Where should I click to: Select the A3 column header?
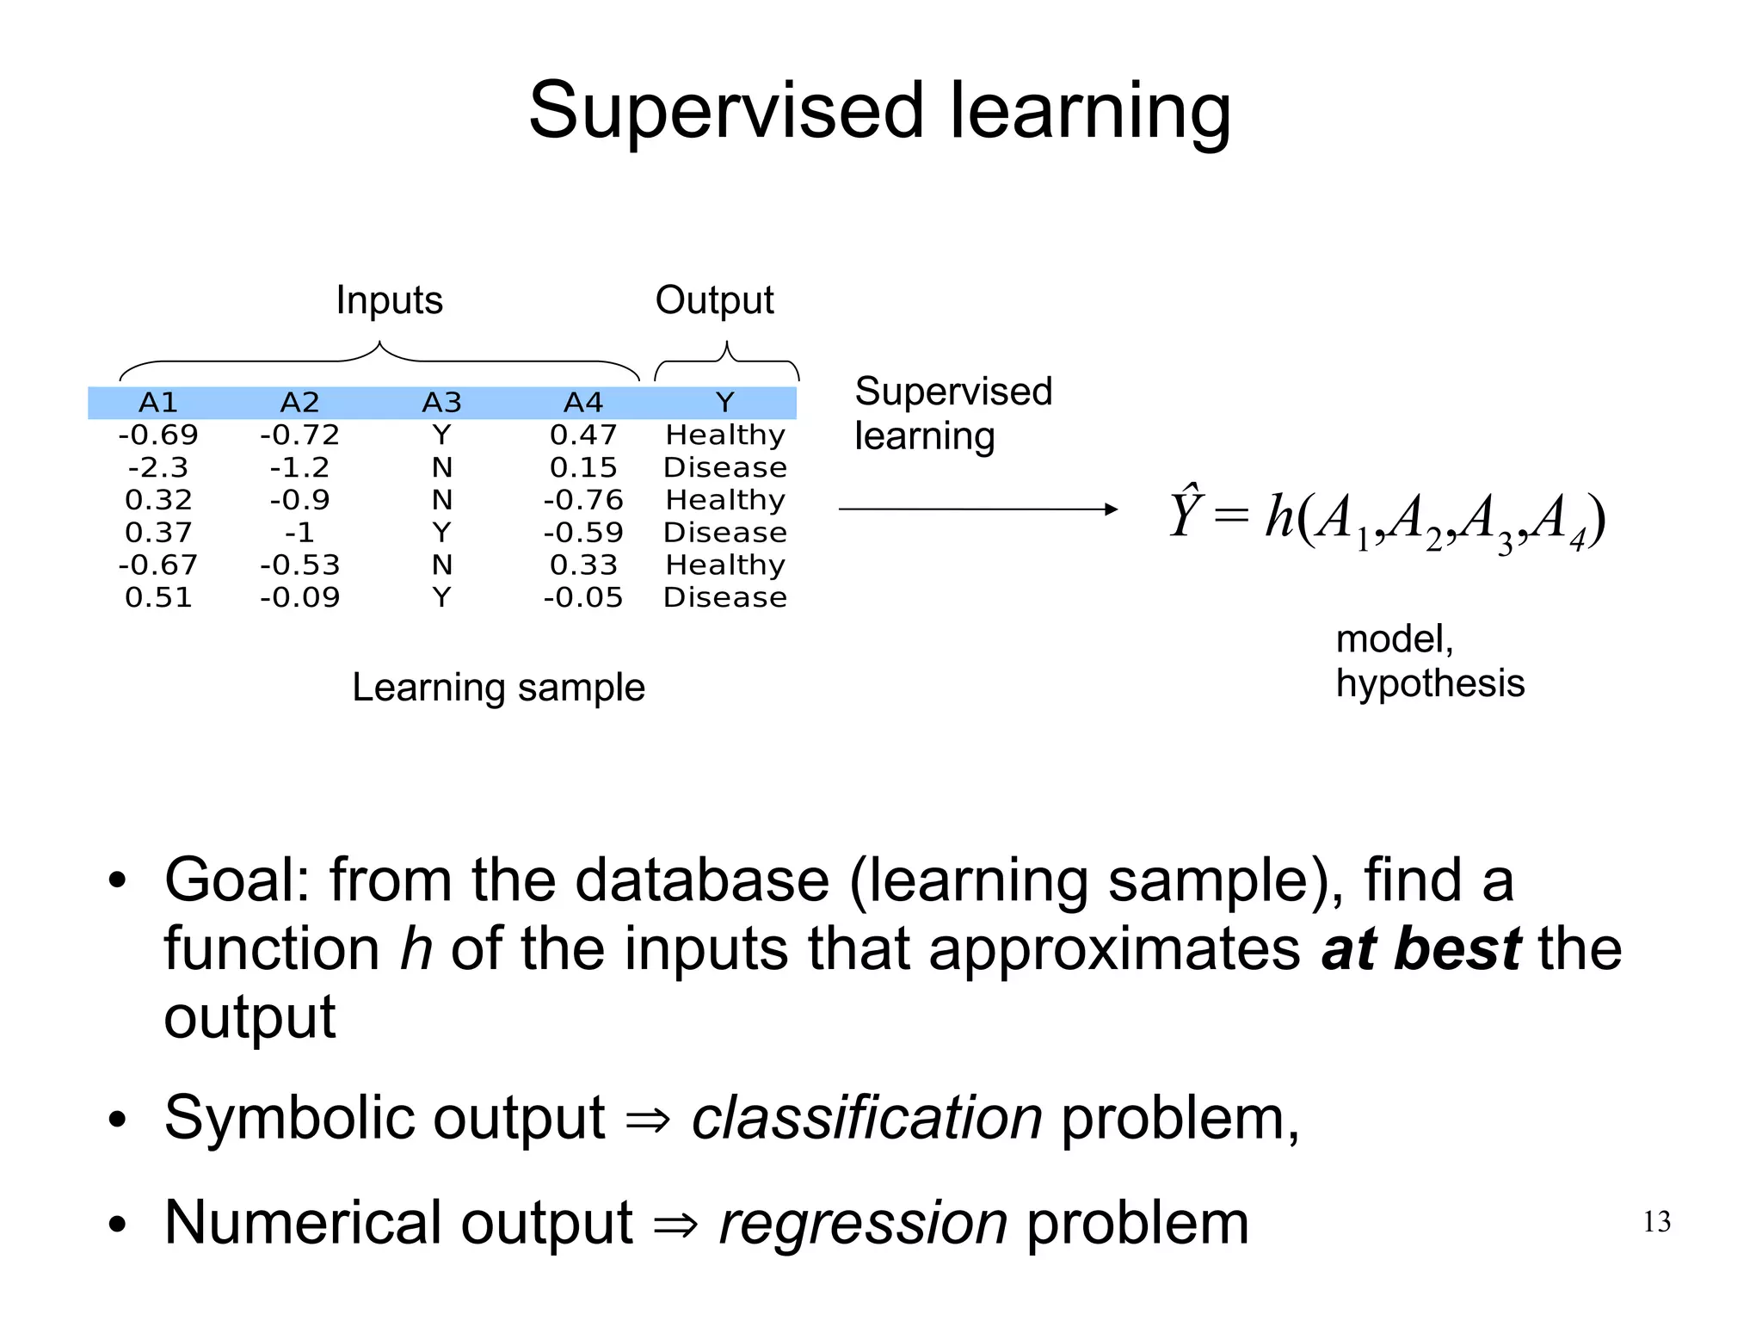(441, 402)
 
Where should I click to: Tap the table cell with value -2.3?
(157, 467)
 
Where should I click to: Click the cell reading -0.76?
(583, 500)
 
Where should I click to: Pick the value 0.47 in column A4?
(583, 435)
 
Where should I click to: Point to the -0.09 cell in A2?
(299, 597)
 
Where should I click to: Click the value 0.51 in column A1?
(157, 597)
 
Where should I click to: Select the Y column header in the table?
(724, 402)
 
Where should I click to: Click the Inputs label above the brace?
(389, 300)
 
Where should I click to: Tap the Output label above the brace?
(714, 300)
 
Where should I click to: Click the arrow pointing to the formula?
(977, 509)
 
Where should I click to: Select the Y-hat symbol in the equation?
(1185, 513)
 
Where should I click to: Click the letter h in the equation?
(1279, 516)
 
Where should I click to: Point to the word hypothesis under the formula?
(1429, 683)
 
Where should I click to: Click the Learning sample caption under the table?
(498, 688)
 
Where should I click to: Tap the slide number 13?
(1656, 1221)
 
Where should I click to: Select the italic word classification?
(866, 1118)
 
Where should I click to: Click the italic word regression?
(863, 1223)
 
